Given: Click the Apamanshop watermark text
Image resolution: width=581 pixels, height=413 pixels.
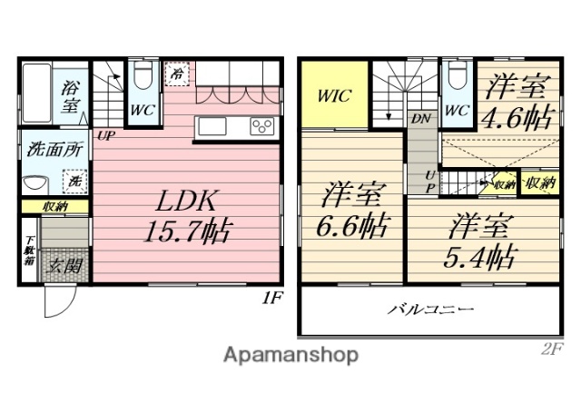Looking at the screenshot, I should point(290,354).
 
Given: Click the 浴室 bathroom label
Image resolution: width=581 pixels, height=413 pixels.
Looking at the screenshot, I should point(71,95).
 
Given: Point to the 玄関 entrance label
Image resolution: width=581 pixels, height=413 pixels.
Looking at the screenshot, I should point(64,266).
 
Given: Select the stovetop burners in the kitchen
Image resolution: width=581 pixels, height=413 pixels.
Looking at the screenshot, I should point(262,126).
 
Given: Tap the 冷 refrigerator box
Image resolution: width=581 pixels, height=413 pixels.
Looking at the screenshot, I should point(177,73).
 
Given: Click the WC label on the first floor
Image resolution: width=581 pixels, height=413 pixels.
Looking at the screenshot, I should point(142,108).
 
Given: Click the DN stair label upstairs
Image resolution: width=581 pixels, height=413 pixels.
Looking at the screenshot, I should point(420,118).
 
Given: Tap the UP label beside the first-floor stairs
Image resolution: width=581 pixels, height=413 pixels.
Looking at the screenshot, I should point(106,136).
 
